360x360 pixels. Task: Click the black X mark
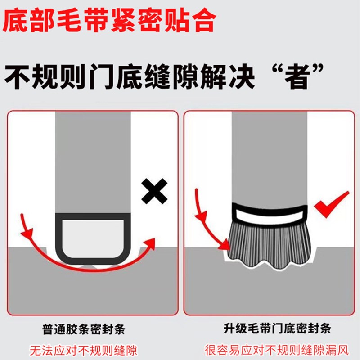(x=154, y=191)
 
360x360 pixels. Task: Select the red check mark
(x=331, y=205)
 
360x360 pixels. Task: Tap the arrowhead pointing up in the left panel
(x=152, y=243)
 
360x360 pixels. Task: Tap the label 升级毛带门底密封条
(x=269, y=330)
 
